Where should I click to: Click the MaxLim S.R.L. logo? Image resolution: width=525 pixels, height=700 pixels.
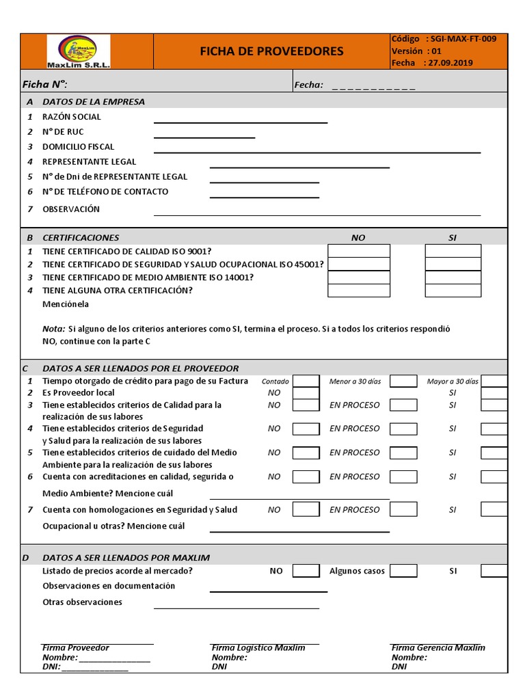tap(78, 51)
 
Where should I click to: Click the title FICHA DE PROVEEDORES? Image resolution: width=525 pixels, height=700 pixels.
tap(271, 51)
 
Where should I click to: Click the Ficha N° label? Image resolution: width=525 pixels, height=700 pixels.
tap(44, 84)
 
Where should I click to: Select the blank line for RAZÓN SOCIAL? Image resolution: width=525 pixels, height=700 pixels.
tap(241, 122)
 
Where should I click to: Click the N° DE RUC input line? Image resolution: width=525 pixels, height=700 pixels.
tap(204, 137)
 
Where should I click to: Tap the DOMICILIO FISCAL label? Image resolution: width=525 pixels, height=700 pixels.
tap(78, 146)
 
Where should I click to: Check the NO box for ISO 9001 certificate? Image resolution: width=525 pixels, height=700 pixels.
tap(359, 251)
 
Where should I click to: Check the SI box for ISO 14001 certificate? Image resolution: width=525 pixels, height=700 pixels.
tap(453, 277)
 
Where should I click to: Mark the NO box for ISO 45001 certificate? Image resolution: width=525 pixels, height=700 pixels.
tap(359, 264)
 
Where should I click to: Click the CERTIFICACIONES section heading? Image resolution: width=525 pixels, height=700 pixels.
tap(81, 237)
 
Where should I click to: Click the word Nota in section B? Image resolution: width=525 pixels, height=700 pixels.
tap(53, 329)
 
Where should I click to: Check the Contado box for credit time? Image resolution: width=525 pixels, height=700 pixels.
tap(306, 381)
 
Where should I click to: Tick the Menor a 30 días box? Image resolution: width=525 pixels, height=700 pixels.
tap(403, 381)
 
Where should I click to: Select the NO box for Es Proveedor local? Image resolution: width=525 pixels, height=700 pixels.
tap(306, 393)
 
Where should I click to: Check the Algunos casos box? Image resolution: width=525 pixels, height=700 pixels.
tap(403, 571)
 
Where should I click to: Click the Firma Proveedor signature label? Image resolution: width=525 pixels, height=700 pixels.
tap(76, 647)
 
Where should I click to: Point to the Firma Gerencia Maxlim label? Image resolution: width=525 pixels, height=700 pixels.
tap(438, 647)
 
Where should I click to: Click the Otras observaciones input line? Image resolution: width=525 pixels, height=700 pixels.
tap(237, 606)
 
